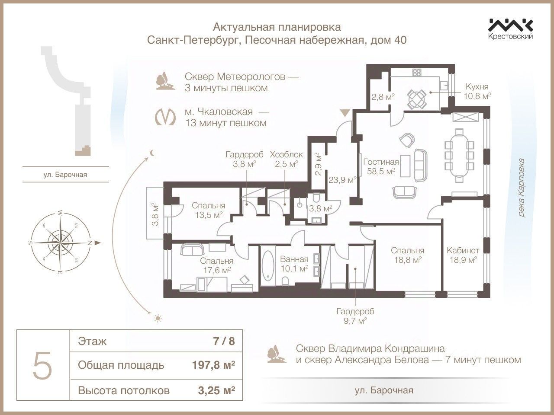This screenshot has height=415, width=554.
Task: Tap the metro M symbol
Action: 165,117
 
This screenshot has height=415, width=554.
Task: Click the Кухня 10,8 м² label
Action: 477,91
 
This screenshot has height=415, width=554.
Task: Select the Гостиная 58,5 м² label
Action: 381,166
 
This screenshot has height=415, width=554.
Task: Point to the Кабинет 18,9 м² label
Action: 463,255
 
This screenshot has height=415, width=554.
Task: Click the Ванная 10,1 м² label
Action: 294,264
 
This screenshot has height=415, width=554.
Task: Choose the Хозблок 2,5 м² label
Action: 286,159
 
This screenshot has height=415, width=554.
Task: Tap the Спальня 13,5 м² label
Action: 208,210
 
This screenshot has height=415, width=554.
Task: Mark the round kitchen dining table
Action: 416,99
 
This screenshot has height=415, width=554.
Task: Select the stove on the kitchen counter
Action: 417,73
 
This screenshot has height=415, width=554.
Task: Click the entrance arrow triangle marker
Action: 345,113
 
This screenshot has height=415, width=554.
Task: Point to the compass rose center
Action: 60,243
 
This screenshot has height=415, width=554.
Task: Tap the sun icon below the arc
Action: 158,318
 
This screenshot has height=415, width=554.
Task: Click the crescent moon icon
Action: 152,153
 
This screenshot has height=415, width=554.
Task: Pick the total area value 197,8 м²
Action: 213,365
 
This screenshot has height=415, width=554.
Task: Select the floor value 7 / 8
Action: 224,342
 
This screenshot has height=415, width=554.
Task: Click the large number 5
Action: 42,365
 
